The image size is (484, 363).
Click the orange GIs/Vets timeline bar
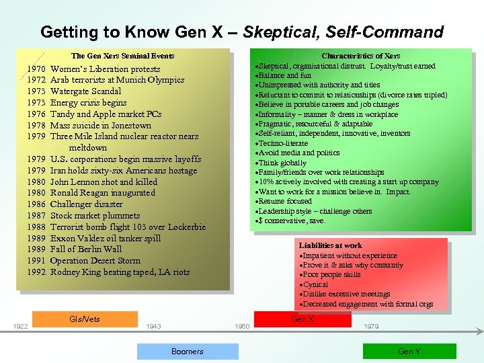[x=85, y=319]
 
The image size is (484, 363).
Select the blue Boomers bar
[x=188, y=351]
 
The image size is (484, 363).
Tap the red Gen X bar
[x=302, y=319]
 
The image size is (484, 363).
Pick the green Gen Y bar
[x=409, y=351]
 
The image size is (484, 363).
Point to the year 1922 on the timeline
[x=20, y=327]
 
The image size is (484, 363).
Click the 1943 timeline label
[x=153, y=327]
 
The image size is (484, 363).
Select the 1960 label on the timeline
[x=242, y=327]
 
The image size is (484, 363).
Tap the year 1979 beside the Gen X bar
[x=370, y=327]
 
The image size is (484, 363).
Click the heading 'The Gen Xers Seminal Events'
[x=122, y=56]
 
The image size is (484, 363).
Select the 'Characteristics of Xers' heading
[x=361, y=56]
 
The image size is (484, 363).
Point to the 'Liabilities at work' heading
[x=330, y=246]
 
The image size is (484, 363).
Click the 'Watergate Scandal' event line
[x=85, y=91]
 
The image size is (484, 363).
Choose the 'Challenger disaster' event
[x=87, y=204]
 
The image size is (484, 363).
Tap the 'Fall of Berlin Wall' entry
[x=86, y=249]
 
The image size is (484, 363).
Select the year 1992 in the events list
[x=36, y=272]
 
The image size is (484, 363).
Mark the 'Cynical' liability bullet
[x=315, y=284]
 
